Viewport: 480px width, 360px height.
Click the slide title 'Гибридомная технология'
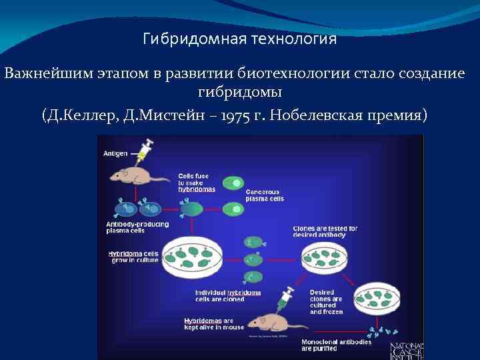click(x=240, y=39)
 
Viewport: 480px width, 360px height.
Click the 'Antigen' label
click(x=116, y=153)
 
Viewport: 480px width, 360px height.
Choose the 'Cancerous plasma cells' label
click(x=265, y=195)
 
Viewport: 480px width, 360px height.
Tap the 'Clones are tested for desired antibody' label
click(x=325, y=231)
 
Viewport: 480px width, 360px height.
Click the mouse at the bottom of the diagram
click(x=274, y=324)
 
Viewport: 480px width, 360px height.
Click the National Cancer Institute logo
click(x=406, y=351)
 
